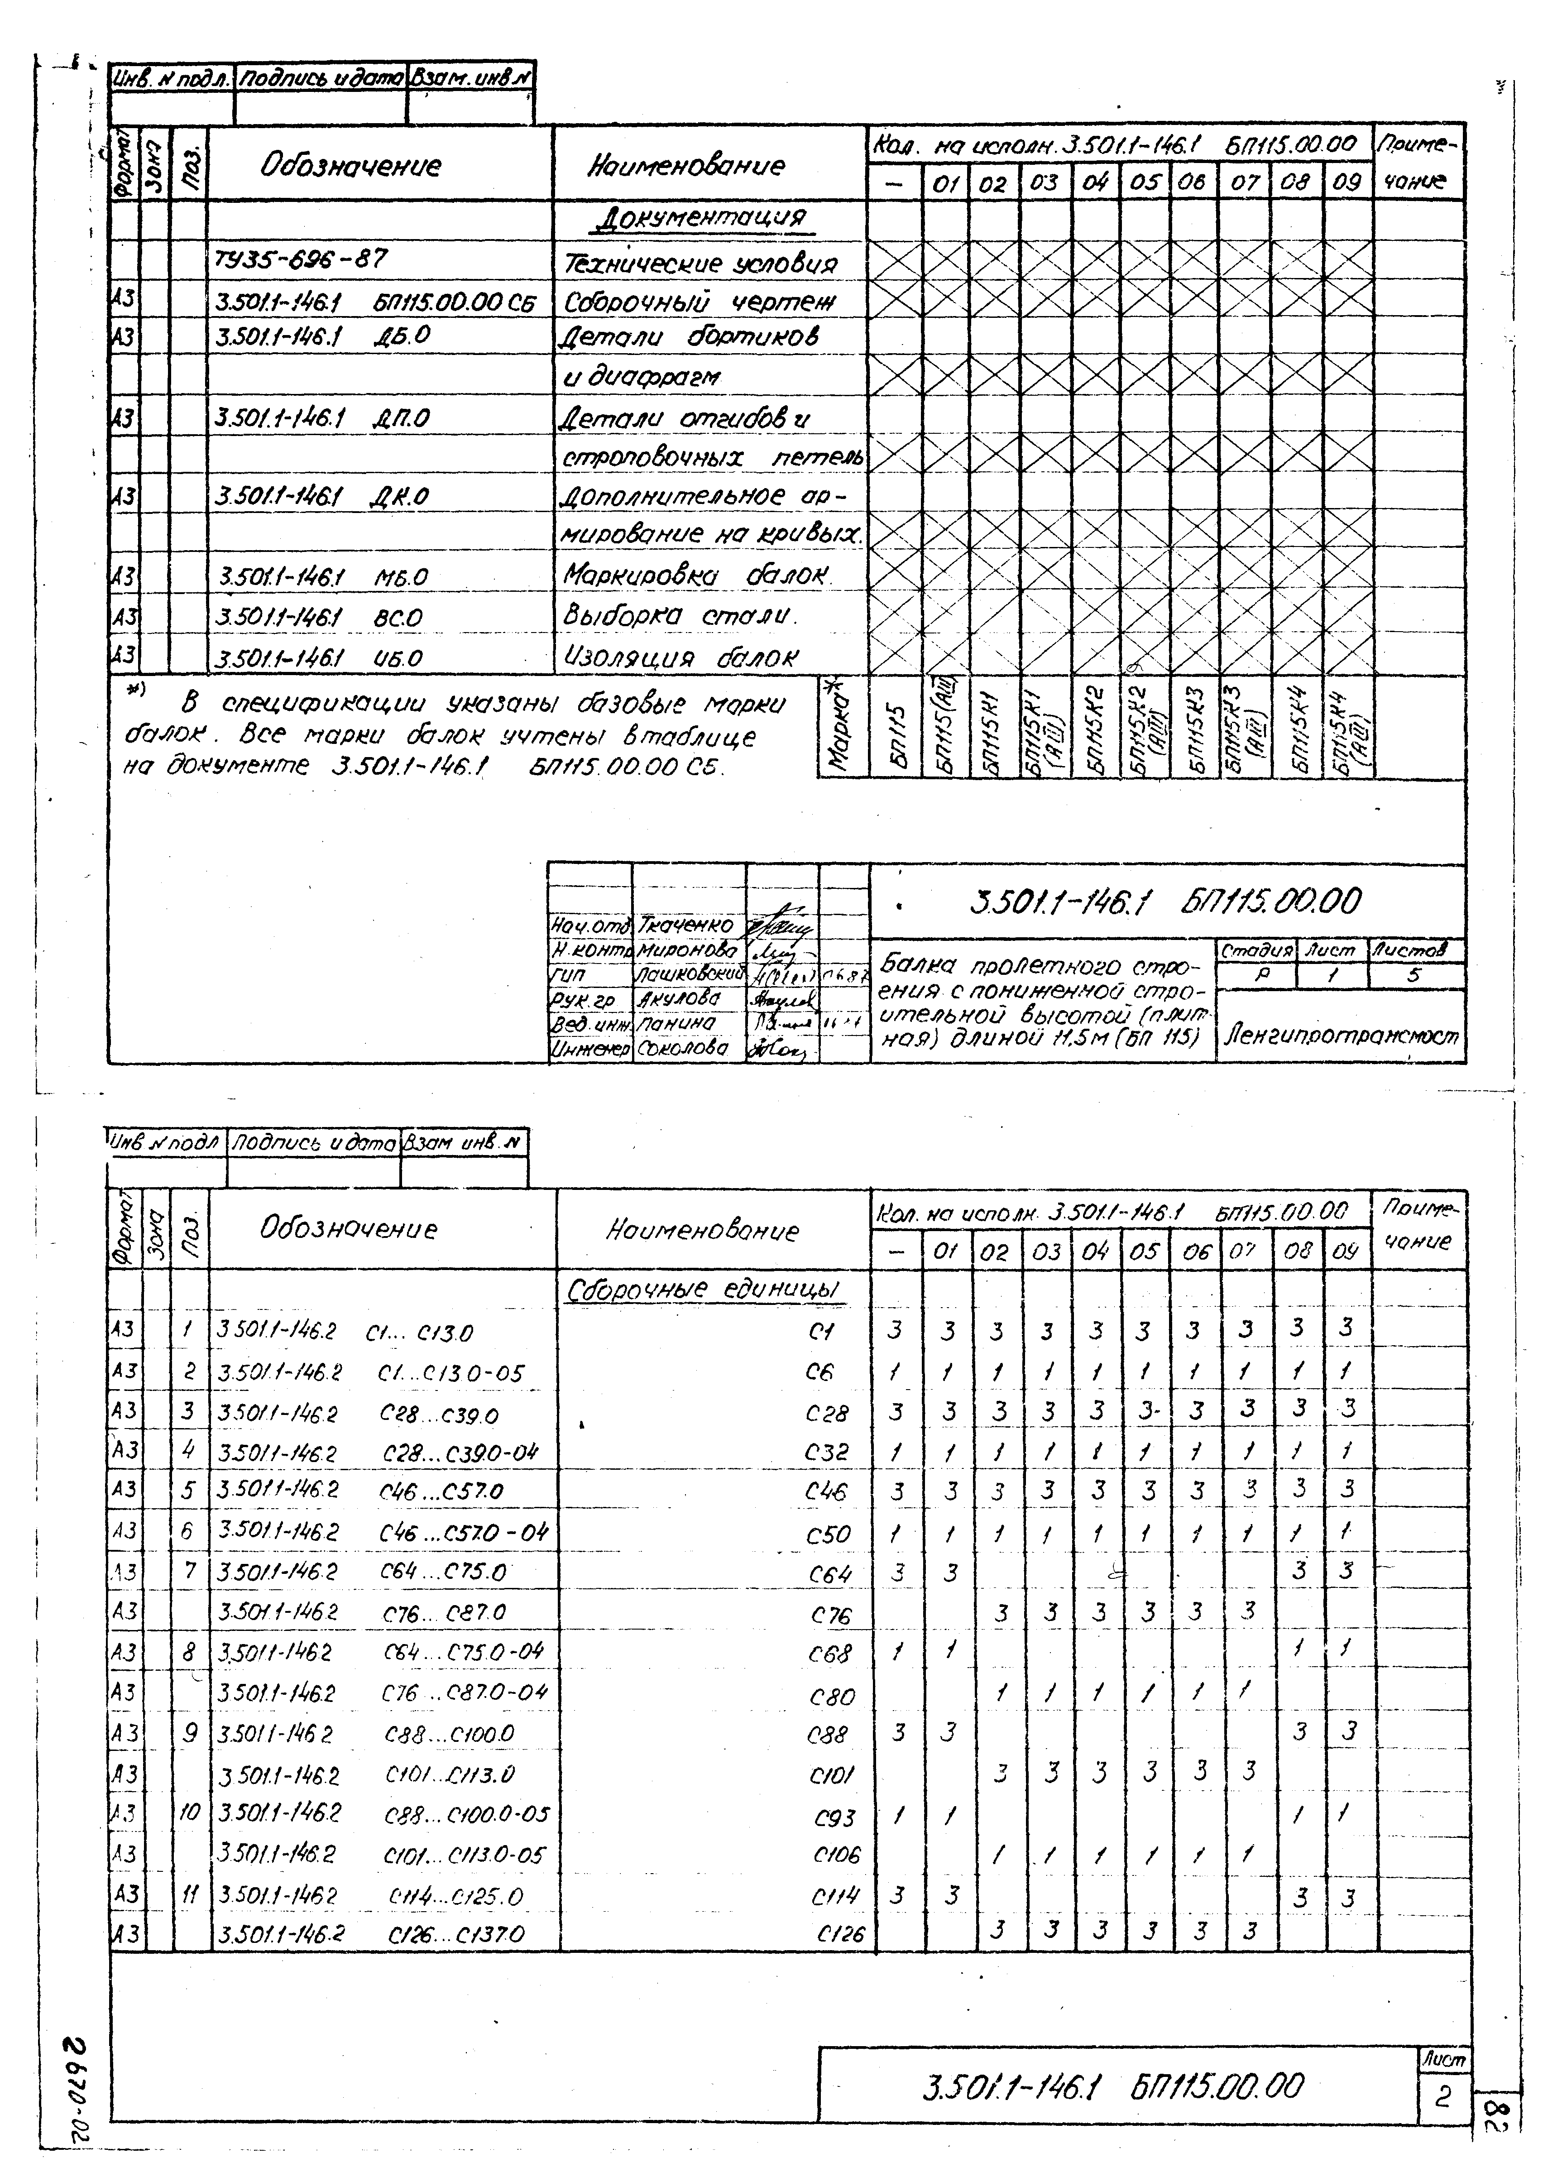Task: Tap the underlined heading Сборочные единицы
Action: [704, 1290]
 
